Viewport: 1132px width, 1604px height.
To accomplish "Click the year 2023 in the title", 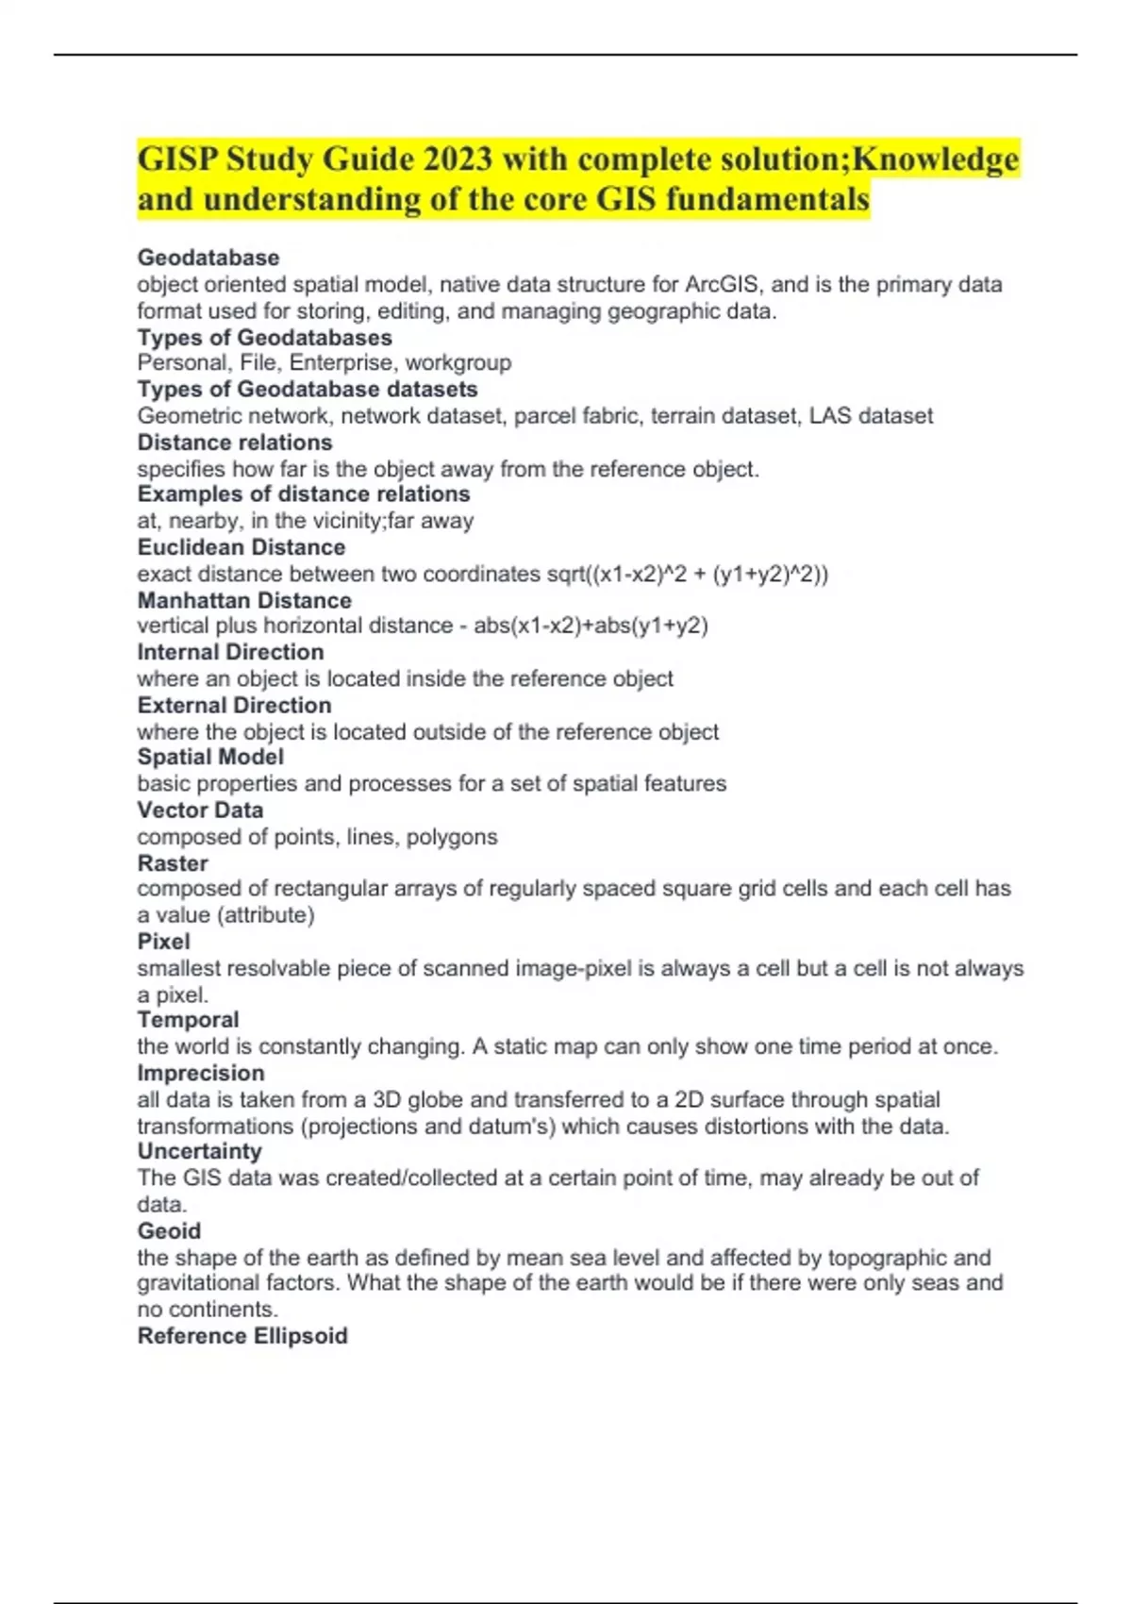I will point(458,159).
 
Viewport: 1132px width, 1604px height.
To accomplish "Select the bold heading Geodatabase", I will point(208,258).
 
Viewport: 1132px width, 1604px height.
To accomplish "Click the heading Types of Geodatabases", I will point(264,337).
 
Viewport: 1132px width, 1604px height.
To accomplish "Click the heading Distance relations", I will point(235,443).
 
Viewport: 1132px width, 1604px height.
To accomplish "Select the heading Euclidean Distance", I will point(241,547).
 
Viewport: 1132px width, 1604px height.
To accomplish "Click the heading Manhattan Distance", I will point(244,600).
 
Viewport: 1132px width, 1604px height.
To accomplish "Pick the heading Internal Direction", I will point(230,652).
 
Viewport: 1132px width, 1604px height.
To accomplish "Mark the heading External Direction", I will point(234,705).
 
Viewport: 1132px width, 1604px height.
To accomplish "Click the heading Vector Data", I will point(200,810).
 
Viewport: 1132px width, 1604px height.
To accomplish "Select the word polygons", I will point(451,836).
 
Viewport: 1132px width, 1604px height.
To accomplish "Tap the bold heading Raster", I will point(173,862).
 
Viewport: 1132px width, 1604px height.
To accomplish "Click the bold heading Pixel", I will point(163,941).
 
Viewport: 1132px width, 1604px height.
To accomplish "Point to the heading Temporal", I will point(188,1020).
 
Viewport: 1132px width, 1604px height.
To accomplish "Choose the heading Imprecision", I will point(201,1073).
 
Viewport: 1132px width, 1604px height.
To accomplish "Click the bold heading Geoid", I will point(169,1230).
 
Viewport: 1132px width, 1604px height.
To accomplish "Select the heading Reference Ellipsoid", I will point(242,1336).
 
